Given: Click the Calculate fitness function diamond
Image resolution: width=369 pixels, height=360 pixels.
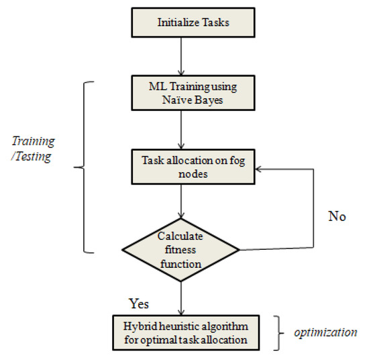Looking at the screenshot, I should tap(179, 249).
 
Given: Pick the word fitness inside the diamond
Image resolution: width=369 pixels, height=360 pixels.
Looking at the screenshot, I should tap(179, 250).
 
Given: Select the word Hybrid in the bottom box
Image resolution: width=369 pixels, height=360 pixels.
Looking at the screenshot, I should tap(140, 325).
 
